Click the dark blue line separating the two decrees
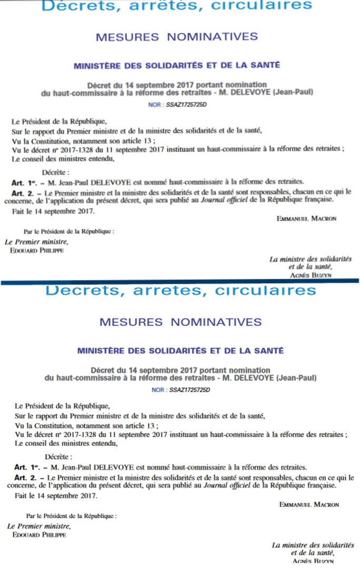coord(180,282)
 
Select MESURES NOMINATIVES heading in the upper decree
coord(177,37)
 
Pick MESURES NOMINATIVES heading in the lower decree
coord(180,321)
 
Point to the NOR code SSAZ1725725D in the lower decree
coord(189,390)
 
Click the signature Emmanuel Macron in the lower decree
coord(309,504)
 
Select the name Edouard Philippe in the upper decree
coord(37,250)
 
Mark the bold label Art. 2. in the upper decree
coord(25,193)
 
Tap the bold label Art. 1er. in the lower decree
coord(28,467)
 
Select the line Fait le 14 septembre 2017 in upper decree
coord(53,211)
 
